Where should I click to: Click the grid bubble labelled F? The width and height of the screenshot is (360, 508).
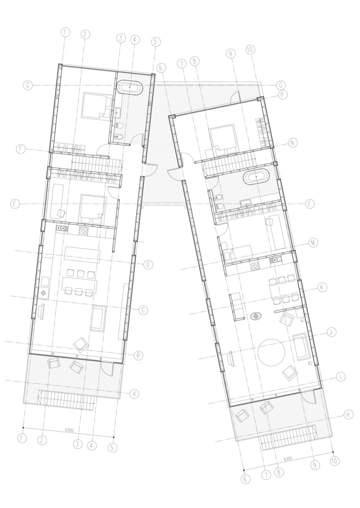[21, 149]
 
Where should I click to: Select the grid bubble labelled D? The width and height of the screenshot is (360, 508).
[148, 265]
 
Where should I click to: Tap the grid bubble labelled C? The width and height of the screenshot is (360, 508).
[143, 310]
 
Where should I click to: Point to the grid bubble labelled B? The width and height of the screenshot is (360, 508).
[138, 356]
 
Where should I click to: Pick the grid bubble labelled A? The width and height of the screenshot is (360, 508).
[134, 394]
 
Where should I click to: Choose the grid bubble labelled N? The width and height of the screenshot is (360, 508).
[292, 143]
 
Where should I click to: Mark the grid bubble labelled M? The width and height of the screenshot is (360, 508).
[313, 242]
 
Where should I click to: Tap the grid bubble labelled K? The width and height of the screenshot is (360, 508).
[322, 287]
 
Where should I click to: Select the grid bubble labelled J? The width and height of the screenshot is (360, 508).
[331, 332]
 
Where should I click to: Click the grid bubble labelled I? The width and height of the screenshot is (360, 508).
[341, 377]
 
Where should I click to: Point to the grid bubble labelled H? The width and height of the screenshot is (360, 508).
[348, 415]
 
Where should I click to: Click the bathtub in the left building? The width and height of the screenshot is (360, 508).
[130, 88]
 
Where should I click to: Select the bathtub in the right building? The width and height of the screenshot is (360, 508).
[256, 177]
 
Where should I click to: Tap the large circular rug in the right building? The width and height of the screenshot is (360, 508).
[272, 352]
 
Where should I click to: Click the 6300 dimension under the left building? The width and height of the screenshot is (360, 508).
[69, 430]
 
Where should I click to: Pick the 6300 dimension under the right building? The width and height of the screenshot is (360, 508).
[288, 459]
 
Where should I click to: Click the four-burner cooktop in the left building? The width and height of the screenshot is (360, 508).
[84, 231]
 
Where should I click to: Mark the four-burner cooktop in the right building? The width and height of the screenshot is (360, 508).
[255, 266]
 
